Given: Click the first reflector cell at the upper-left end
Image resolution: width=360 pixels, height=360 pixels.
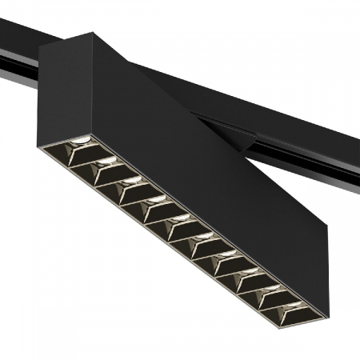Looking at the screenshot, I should pos(80,150).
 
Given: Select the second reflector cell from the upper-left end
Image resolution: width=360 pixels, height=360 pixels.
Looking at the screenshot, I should pos(105,170).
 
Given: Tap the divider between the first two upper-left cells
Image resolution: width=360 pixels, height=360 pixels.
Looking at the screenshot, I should pos(93,161).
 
